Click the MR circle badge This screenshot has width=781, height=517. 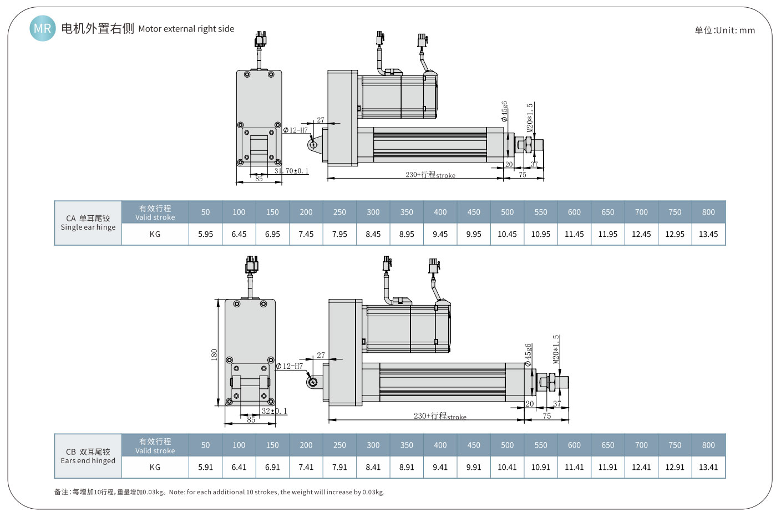[x=42, y=28]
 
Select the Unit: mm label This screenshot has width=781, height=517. [x=724, y=31]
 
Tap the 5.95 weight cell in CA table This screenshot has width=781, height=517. [x=205, y=234]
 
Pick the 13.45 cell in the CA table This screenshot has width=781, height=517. [x=708, y=234]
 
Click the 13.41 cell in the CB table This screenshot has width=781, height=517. [x=708, y=467]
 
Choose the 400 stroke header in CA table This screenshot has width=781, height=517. [x=440, y=212]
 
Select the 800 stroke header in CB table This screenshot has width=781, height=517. [x=708, y=445]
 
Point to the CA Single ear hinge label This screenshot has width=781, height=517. [x=88, y=222]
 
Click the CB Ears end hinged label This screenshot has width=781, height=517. [x=88, y=456]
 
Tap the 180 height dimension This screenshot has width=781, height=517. [x=214, y=354]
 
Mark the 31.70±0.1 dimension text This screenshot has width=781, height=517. [x=291, y=171]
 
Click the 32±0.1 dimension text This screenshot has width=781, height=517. [x=274, y=411]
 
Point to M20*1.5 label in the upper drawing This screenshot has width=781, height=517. [x=530, y=117]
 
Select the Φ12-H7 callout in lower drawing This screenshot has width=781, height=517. [x=290, y=366]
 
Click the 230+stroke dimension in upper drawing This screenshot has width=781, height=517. [x=430, y=175]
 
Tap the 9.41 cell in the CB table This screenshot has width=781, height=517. [x=440, y=467]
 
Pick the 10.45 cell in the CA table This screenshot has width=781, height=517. [x=507, y=234]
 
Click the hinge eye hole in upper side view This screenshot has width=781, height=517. [x=313, y=145]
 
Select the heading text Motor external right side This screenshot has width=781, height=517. [x=186, y=29]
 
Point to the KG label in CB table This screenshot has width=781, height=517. [x=155, y=467]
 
